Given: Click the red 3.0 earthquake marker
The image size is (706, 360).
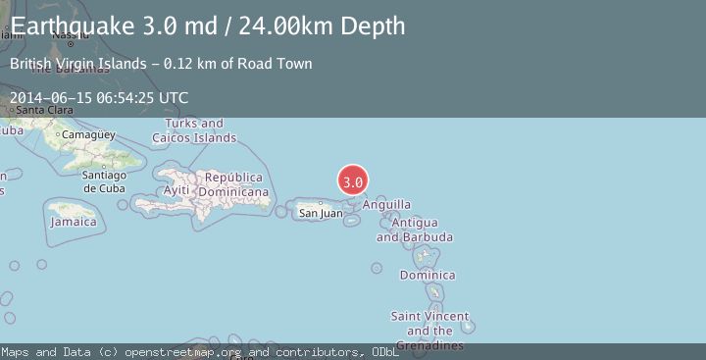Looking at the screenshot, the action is pos(353,181).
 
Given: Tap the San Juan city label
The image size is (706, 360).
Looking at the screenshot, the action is pos(321,213).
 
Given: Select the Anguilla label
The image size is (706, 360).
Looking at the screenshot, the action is pos(386,205).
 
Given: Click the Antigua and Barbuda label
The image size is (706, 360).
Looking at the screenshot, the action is pos(415,231).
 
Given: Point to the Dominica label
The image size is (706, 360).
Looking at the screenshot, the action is pos(428,275).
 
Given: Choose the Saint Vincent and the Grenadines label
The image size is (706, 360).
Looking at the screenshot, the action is pos(430,331).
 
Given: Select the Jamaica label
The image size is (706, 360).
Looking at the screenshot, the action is pos(74,222).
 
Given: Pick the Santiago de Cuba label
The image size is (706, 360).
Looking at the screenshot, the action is pos(104,181).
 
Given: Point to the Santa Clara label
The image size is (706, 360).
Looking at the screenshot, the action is pos(44,110).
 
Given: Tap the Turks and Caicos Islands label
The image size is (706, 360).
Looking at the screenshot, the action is pos(194,130).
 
